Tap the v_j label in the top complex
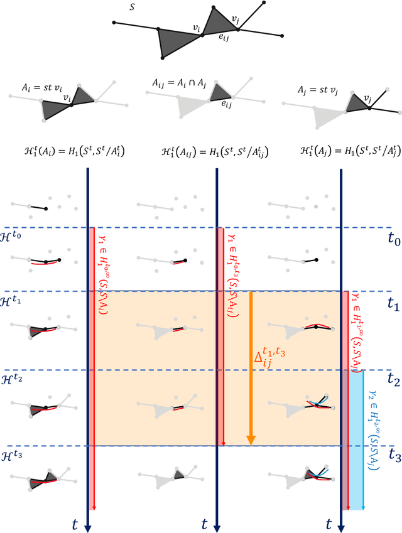click(x=235, y=20)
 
